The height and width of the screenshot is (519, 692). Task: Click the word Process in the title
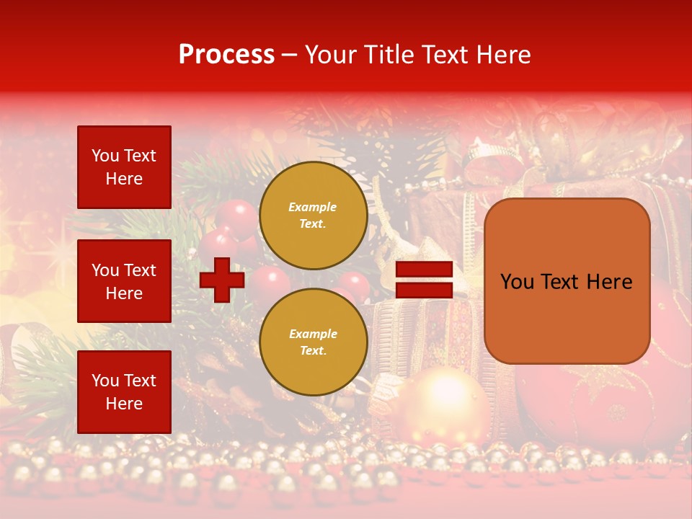[226, 55]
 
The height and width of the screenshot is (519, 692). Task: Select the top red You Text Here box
[124, 167]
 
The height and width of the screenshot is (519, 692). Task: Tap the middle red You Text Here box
[124, 281]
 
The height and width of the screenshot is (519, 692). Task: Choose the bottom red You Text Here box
[124, 392]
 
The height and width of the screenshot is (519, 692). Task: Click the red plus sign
[222, 280]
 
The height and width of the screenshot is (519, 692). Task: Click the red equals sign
[424, 280]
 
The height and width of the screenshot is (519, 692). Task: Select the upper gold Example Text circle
[313, 215]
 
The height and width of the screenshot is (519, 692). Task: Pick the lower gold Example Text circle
[313, 342]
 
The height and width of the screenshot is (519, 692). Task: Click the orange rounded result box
[567, 281]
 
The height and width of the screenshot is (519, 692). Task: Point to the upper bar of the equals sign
[424, 270]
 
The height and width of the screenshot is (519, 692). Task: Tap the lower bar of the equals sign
[424, 290]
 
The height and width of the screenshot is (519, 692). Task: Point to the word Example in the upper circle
[313, 207]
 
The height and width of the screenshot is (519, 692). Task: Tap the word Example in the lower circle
[313, 334]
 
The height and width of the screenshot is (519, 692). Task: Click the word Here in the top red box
[124, 179]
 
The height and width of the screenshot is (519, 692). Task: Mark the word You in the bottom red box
[105, 381]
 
